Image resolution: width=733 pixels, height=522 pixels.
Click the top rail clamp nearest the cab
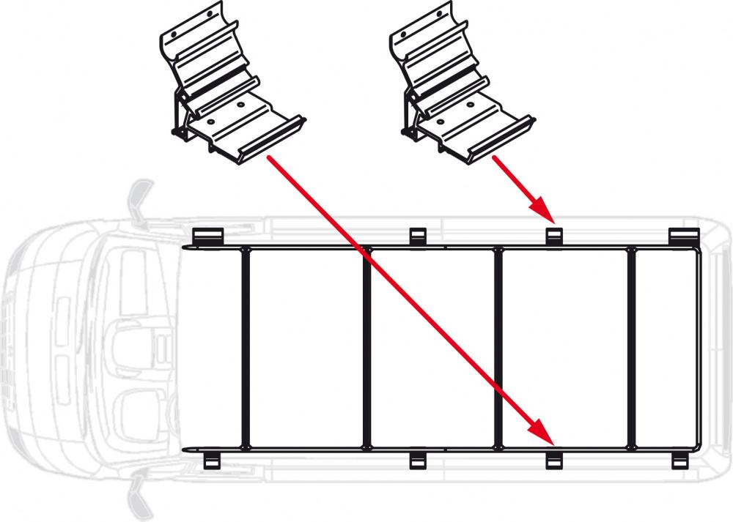point(207,236)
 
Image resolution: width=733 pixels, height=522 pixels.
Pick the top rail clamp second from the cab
point(417,236)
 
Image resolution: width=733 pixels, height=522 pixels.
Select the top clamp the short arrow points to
point(554,236)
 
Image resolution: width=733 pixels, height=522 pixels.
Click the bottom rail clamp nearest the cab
point(210,460)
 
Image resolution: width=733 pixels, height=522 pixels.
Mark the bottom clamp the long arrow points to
point(554,460)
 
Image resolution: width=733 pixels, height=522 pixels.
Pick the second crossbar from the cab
point(366,348)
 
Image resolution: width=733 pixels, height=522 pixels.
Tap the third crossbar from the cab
point(498,348)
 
